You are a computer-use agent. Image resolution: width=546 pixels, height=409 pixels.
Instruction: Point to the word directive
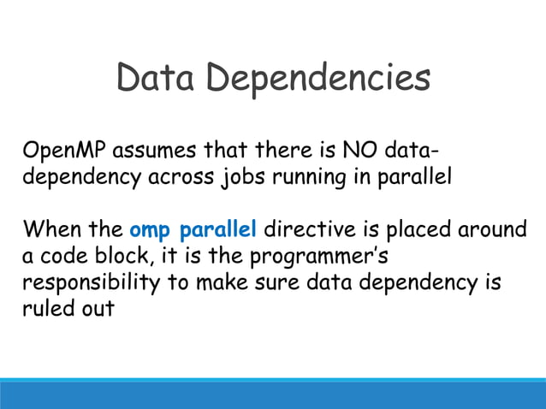pos(304,231)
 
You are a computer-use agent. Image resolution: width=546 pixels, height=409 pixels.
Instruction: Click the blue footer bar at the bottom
pos(273,394)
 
